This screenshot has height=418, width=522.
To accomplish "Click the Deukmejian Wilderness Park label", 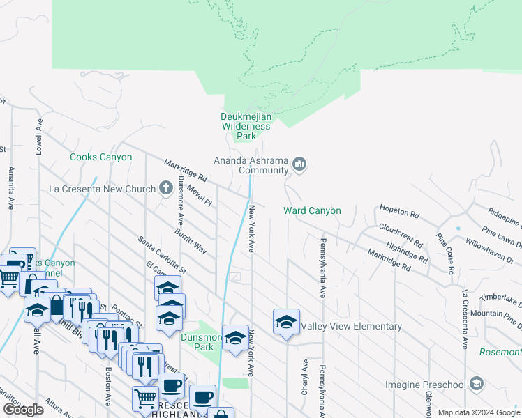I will tap(245, 126).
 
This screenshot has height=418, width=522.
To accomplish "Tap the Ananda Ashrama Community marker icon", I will tap(300, 164).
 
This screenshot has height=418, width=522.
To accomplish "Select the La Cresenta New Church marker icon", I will tap(165, 188).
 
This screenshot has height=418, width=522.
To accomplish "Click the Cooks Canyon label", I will tap(100, 157).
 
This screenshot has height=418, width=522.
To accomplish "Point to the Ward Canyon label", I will tap(312, 210).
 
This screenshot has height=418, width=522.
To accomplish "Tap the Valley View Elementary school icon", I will tap(286, 323).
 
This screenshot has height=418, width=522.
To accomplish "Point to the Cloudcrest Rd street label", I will tap(401, 235).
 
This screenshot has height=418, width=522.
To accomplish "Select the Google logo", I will tap(23, 410).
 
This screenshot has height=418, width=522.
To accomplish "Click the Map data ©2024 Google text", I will tap(478, 412).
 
